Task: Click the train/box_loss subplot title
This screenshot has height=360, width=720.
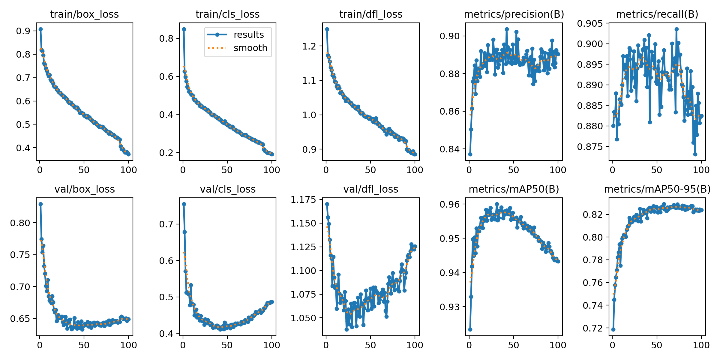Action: pos(84,14)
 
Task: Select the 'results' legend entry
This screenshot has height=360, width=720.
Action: pos(249,35)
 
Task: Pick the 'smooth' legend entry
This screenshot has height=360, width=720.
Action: pos(250,48)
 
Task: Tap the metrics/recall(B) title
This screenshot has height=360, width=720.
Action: pos(657,14)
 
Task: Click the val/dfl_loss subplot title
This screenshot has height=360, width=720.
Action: pos(371,189)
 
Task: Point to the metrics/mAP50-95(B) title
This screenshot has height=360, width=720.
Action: pos(657,189)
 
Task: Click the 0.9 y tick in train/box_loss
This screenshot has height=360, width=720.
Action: pos(23,31)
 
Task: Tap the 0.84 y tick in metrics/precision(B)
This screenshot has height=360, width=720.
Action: pos(450,149)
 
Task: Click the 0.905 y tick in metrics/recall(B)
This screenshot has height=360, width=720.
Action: pos(590,23)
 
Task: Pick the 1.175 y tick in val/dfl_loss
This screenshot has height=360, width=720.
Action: pos(303,200)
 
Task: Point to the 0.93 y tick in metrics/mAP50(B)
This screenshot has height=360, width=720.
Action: pos(450,307)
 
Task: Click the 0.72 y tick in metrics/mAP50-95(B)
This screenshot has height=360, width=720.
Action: pos(593,328)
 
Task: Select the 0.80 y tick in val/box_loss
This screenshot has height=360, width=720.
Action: pos(20,223)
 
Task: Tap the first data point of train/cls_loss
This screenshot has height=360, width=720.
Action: pos(184,29)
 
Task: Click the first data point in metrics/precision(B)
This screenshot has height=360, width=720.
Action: pos(470,154)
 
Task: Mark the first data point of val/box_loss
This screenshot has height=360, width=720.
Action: pos(40,204)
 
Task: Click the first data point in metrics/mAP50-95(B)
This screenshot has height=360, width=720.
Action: pos(613,329)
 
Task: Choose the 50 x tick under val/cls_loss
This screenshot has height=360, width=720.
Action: pos(227,345)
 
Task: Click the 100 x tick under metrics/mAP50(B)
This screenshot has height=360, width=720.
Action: pos(558,345)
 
